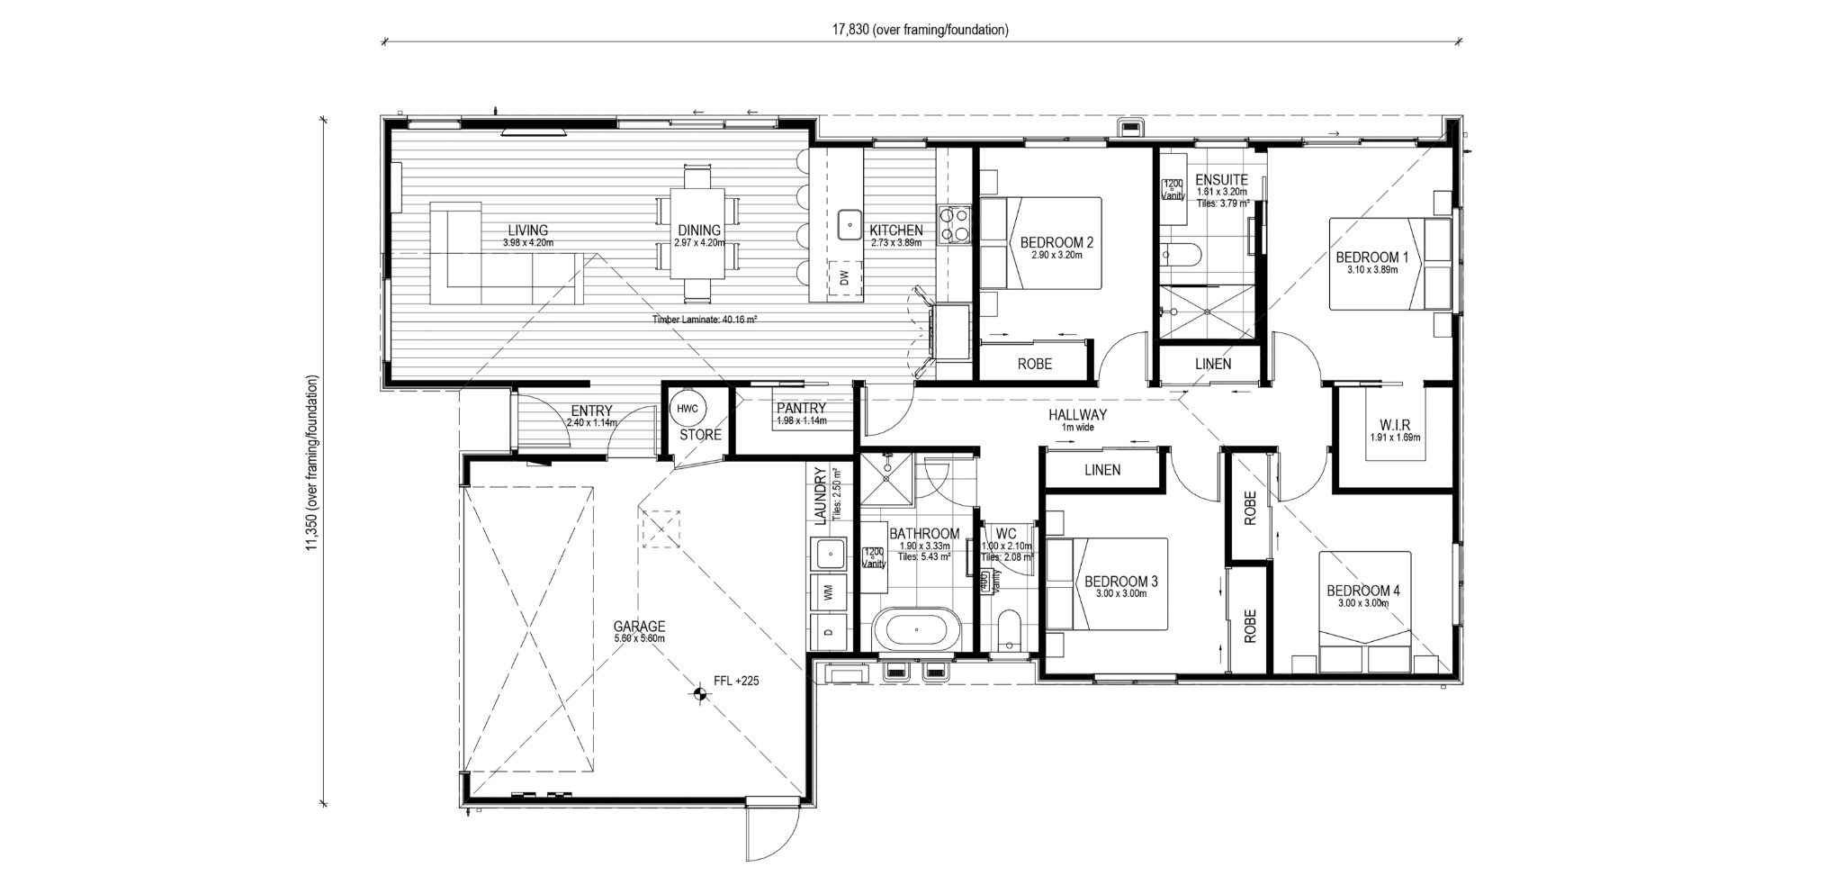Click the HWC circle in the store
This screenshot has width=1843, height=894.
(x=688, y=409)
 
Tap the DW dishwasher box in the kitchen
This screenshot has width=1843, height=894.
(x=844, y=278)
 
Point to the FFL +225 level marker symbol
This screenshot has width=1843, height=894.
(x=697, y=692)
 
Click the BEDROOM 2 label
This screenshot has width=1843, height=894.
(x=1056, y=242)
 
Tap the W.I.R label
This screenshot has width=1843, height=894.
(x=1394, y=425)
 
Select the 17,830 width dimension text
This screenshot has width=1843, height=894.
(x=919, y=30)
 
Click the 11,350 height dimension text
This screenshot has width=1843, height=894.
(x=312, y=462)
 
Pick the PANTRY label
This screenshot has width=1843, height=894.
(x=801, y=408)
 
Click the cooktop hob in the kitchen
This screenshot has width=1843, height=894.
(x=953, y=225)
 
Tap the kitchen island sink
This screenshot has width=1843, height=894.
(x=849, y=224)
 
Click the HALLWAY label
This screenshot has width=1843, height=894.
(x=1077, y=415)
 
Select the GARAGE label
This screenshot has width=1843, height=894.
(x=639, y=626)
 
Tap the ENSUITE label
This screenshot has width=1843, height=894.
(x=1221, y=180)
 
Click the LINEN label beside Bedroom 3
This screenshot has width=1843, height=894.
(x=1102, y=469)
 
